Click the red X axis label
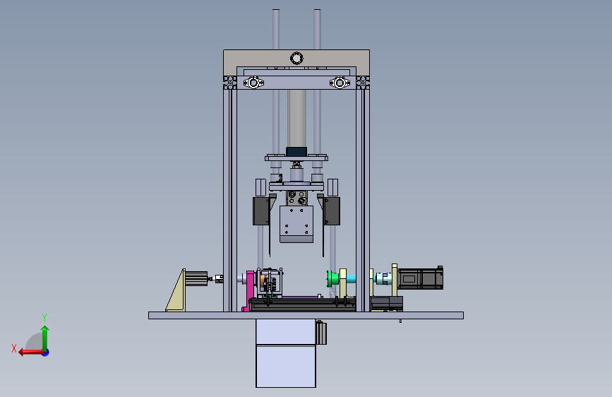click(14, 348)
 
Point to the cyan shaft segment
click(351, 278)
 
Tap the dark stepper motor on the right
click(421, 278)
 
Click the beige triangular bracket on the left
click(176, 292)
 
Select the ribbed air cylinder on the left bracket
click(196, 278)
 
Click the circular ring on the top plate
click(296, 59)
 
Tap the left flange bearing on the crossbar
click(253, 83)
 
